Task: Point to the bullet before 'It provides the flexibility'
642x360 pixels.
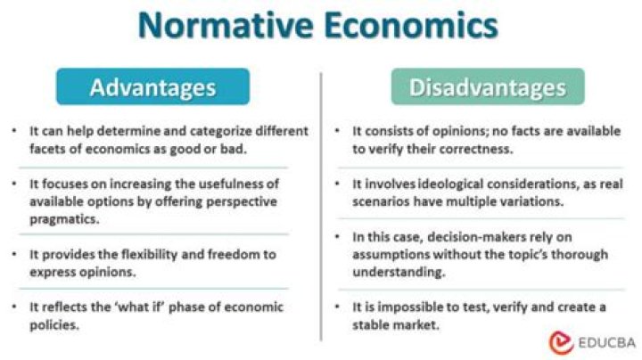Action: (16, 255)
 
